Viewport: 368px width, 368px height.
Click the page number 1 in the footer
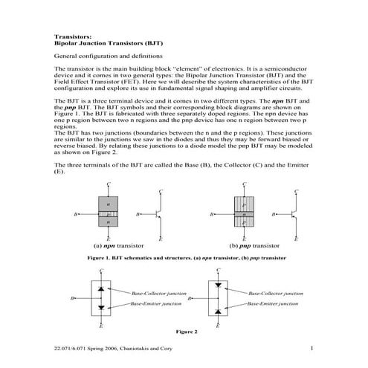(313, 348)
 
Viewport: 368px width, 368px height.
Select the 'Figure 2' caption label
(186, 330)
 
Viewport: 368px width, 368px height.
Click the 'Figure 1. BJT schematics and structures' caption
(186, 256)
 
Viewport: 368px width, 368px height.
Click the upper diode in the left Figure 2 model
(101, 286)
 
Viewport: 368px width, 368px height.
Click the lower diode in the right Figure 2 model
(217, 309)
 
